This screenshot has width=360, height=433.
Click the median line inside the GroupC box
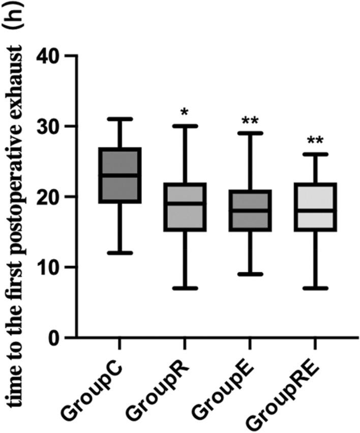pyautogui.click(x=120, y=176)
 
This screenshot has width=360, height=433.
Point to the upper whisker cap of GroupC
pyautogui.click(x=120, y=119)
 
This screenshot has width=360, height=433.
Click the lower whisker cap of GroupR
pyautogui.click(x=185, y=288)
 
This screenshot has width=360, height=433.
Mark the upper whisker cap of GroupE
pyautogui.click(x=250, y=133)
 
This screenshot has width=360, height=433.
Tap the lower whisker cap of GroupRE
pyautogui.click(x=315, y=288)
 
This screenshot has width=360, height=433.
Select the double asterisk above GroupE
pyautogui.click(x=250, y=120)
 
